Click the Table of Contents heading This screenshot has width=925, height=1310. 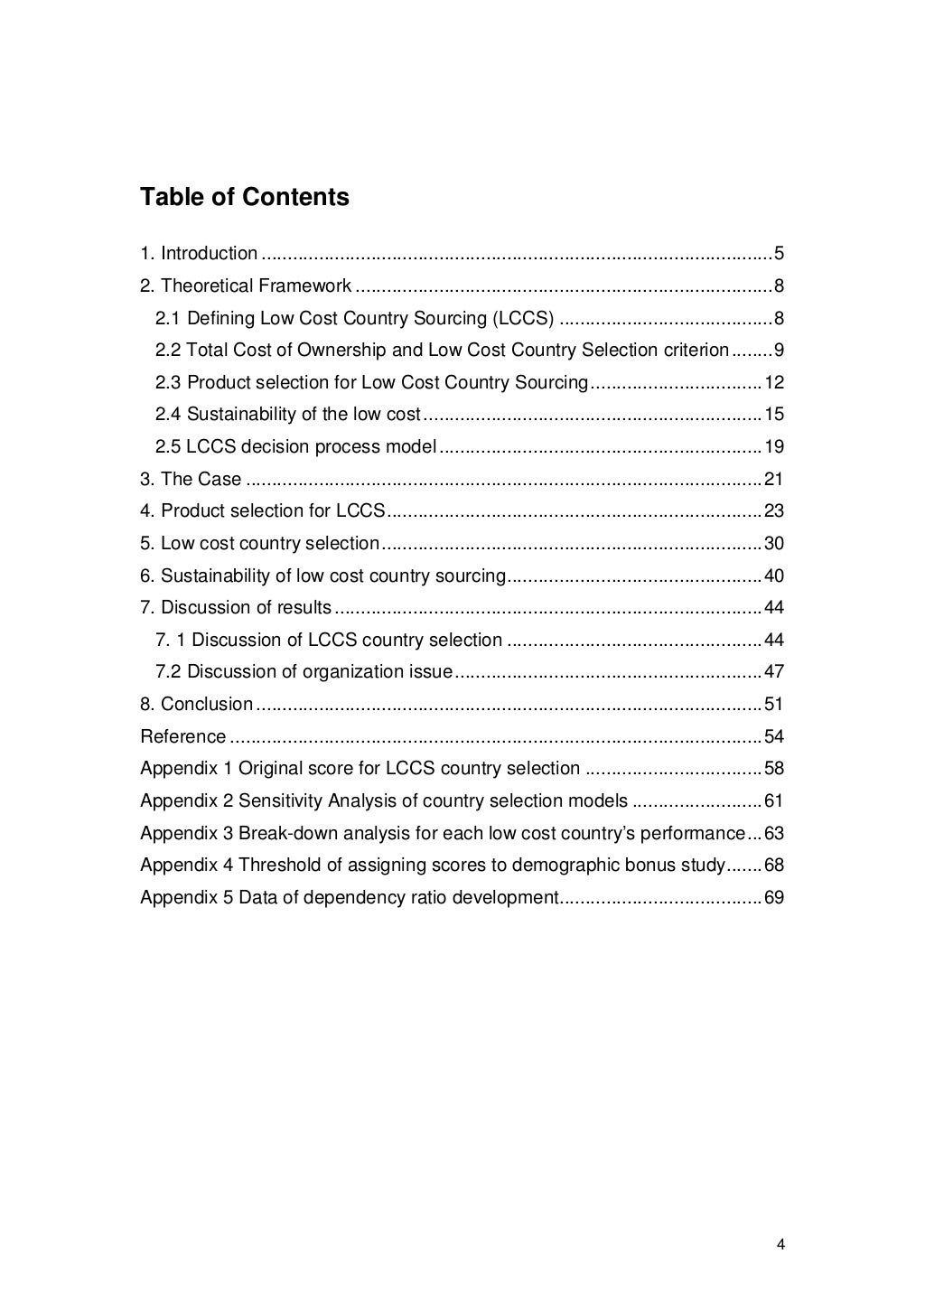pyautogui.click(x=244, y=197)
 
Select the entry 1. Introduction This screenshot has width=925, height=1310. pyautogui.click(x=199, y=254)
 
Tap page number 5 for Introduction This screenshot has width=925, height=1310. pyautogui.click(x=779, y=254)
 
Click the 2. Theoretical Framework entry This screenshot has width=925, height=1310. pyautogui.click(x=246, y=286)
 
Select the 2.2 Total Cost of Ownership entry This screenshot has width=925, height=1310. pyautogui.click(x=442, y=351)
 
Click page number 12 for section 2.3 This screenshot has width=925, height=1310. pyautogui.click(x=774, y=383)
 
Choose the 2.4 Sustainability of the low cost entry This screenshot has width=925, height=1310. pyautogui.click(x=288, y=415)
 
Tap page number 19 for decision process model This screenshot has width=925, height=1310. pyautogui.click(x=774, y=447)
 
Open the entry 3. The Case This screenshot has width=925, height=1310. pyautogui.click(x=191, y=480)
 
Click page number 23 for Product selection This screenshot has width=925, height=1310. pyautogui.click(x=774, y=511)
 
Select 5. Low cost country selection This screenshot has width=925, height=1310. pyautogui.click(x=260, y=544)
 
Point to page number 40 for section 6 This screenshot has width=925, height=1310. pyautogui.click(x=774, y=576)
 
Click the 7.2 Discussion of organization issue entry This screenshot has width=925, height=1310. pyautogui.click(x=304, y=672)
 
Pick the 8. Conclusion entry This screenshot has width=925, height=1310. pyautogui.click(x=197, y=705)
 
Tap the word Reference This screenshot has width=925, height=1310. pyautogui.click(x=183, y=737)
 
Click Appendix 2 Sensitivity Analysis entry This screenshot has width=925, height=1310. pyautogui.click(x=384, y=801)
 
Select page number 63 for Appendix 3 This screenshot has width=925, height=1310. pyautogui.click(x=774, y=834)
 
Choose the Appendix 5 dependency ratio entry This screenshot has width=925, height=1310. pyautogui.click(x=350, y=898)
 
